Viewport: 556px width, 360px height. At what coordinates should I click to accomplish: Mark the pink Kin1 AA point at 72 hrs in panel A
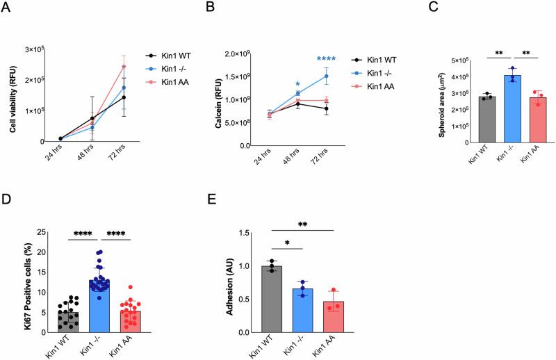tap(123, 67)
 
